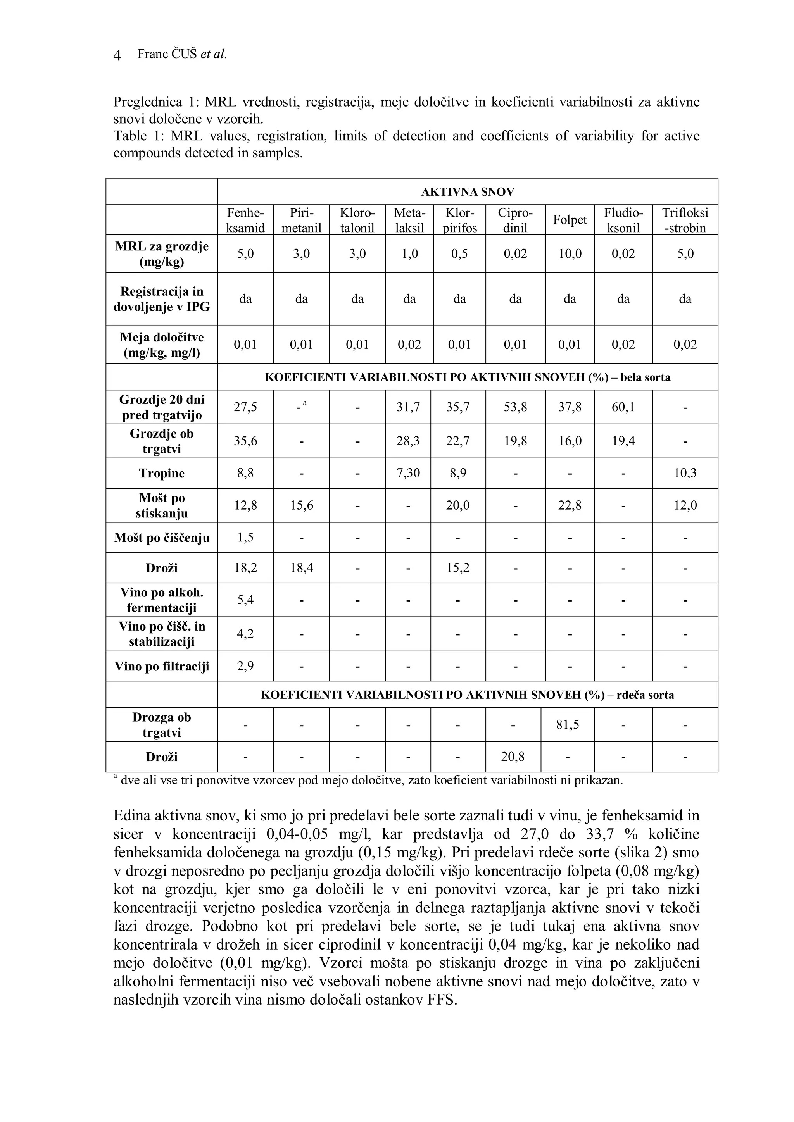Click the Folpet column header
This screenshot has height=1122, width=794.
pyautogui.click(x=570, y=220)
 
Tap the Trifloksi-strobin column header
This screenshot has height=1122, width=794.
pyautogui.click(x=685, y=220)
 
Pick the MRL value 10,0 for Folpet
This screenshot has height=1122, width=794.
pyautogui.click(x=570, y=253)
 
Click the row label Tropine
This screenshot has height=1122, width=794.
pyautogui.click(x=161, y=474)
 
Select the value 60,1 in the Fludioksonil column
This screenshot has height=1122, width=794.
pyautogui.click(x=623, y=407)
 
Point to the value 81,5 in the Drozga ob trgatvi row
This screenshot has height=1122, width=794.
pyautogui.click(x=568, y=725)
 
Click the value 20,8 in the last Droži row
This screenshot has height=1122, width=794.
pyautogui.click(x=513, y=757)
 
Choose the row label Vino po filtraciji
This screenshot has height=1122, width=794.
pyautogui.click(x=161, y=667)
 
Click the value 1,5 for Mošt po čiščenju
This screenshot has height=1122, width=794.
pyautogui.click(x=245, y=538)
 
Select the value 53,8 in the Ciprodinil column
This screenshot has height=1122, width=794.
pyautogui.click(x=515, y=407)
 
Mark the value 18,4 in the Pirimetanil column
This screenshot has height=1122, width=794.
pyautogui.click(x=301, y=568)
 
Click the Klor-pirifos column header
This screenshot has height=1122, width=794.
pyautogui.click(x=459, y=220)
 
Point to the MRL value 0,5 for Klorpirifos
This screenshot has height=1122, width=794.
pyautogui.click(x=459, y=253)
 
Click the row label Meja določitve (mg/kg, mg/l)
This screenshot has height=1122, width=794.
pyautogui.click(x=161, y=345)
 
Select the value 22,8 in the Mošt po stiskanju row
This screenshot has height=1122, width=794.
pyautogui.click(x=570, y=505)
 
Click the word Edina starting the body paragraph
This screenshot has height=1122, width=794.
pyautogui.click(x=131, y=817)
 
